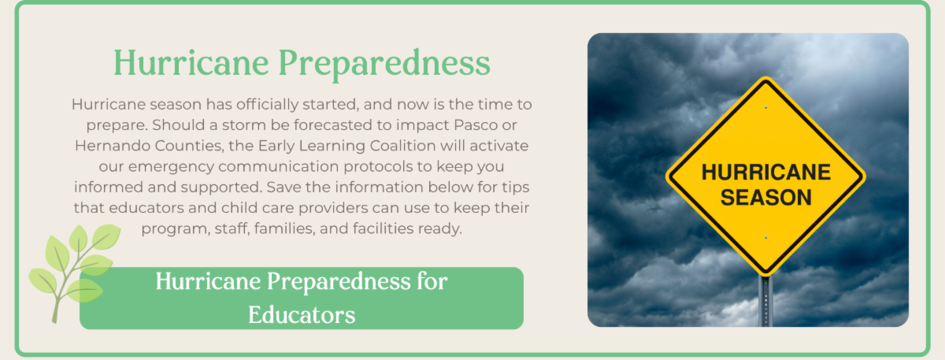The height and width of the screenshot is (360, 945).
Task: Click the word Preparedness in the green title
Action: (x=384, y=64)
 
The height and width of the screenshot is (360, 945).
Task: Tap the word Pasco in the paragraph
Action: (x=476, y=125)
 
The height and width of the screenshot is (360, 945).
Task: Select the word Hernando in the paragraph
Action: (x=113, y=146)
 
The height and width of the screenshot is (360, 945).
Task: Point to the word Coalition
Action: (x=403, y=146)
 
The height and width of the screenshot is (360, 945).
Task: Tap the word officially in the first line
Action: (x=267, y=104)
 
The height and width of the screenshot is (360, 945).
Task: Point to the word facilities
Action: (x=383, y=228)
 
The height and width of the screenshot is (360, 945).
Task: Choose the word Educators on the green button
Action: (x=302, y=315)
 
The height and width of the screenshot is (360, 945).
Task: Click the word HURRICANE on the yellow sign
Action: (x=765, y=173)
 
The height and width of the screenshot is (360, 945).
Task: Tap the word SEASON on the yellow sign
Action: (x=765, y=198)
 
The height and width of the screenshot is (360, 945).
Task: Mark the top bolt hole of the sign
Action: (x=765, y=107)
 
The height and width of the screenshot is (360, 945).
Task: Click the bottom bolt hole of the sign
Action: (x=765, y=238)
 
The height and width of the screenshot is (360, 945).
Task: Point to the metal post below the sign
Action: (x=765, y=301)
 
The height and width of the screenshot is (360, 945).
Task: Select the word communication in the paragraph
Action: (x=279, y=167)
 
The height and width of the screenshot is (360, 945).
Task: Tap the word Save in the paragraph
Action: (x=283, y=187)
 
